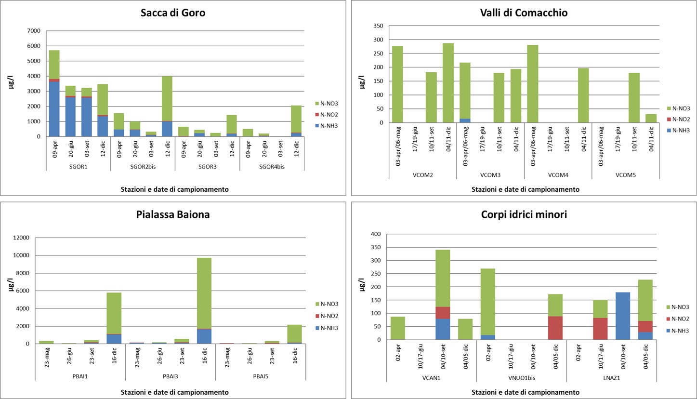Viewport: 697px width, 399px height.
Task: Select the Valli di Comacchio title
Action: (524, 13)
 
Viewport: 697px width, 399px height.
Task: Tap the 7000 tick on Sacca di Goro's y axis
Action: (34, 31)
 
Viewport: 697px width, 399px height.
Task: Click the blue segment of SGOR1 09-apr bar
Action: (54, 109)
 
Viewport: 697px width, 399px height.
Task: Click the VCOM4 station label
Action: (557, 174)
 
